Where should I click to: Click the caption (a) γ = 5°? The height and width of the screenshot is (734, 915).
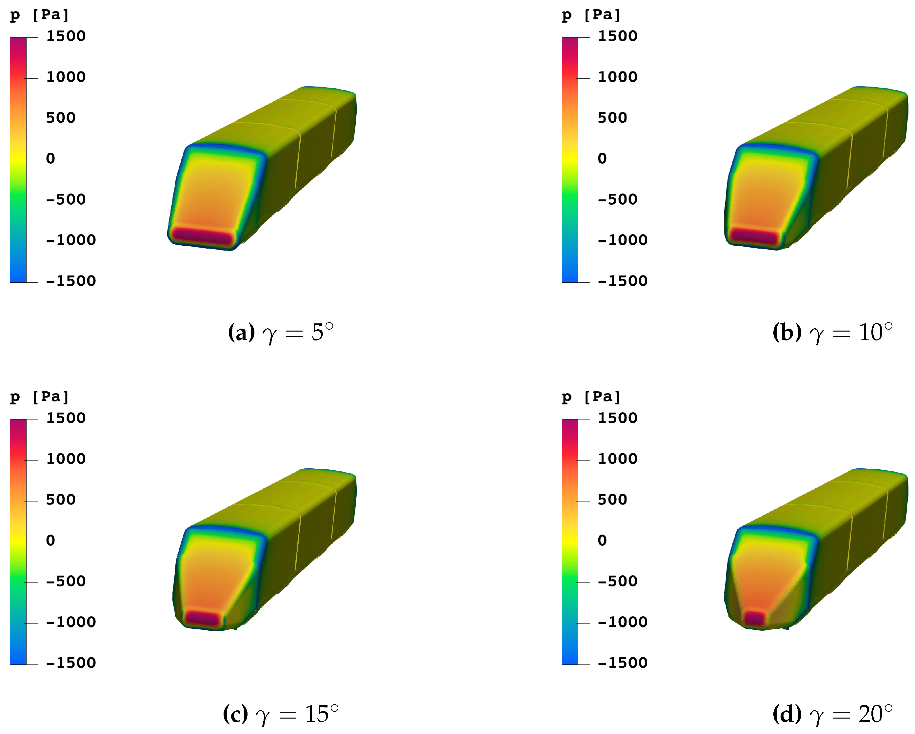[x=281, y=333]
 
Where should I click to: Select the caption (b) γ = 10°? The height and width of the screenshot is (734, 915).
[x=833, y=333]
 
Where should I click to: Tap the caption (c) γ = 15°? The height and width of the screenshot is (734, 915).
[x=281, y=714]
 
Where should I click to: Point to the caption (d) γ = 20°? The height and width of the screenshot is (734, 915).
[x=833, y=714]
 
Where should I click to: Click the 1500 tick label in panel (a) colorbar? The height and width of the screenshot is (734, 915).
[x=66, y=36]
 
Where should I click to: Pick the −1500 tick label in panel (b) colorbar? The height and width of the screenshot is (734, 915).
[x=623, y=281]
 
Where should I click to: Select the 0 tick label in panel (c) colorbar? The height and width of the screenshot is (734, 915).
[x=50, y=540]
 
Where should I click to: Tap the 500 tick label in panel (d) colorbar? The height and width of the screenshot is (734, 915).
[x=612, y=500]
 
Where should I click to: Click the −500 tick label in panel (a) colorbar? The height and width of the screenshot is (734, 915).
[x=66, y=199]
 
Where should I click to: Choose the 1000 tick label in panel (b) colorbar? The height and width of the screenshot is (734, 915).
[x=618, y=77]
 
